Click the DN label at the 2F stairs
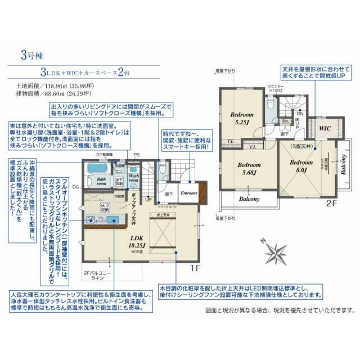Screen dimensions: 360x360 (x=300, y=112)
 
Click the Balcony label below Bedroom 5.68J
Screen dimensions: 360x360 (x=248, y=199)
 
